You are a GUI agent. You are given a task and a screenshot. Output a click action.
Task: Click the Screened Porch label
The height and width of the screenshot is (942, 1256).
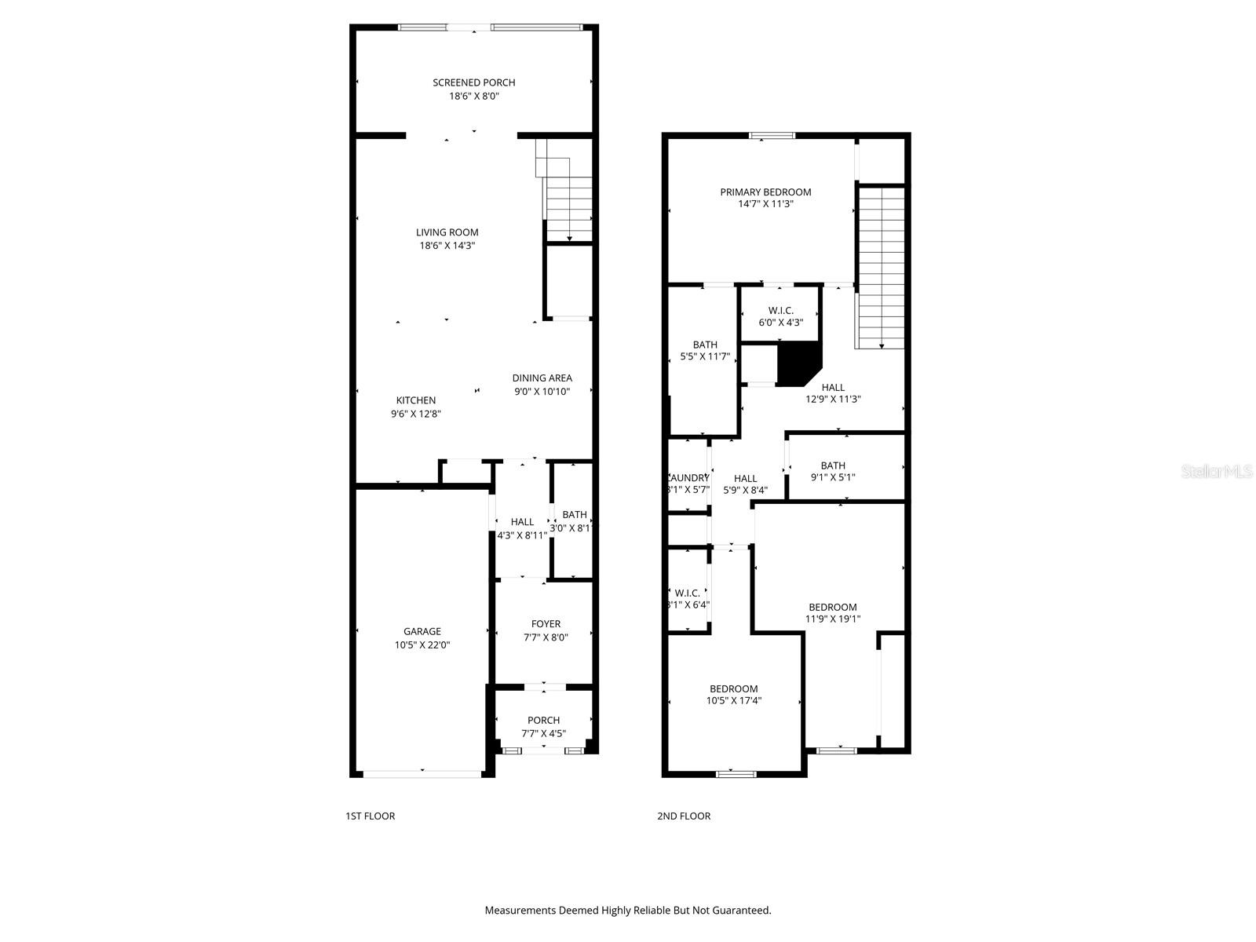474,82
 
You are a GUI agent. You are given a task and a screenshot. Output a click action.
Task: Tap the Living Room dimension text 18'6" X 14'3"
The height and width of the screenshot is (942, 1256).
447,246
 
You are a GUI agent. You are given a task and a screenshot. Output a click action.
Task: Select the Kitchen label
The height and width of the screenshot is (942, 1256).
416,400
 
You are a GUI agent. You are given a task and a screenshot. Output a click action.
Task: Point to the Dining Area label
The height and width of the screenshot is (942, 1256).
542,378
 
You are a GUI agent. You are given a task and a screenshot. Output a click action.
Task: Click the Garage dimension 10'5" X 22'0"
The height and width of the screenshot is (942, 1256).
422,645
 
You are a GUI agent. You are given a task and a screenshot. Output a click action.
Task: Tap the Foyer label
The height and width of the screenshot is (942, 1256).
546,624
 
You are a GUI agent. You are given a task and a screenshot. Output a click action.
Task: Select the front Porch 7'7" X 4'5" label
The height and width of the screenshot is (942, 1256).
543,727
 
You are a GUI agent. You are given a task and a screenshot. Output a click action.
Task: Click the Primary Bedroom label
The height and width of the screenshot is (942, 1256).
765,192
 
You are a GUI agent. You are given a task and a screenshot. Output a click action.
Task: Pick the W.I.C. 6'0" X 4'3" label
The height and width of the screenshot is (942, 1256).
780,316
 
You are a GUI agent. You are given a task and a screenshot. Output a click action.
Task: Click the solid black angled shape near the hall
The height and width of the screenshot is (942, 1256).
797,363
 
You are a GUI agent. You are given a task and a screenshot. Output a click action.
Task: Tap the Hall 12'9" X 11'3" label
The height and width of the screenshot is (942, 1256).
833,392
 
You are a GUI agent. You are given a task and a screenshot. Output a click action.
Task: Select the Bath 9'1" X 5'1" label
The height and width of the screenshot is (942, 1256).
833,471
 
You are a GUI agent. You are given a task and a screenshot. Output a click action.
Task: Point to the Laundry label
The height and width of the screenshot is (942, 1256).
688,478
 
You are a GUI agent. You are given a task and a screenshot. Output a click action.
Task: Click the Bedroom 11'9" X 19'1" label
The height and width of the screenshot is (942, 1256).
833,612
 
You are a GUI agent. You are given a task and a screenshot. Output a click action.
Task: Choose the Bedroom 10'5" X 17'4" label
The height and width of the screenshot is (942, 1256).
734,695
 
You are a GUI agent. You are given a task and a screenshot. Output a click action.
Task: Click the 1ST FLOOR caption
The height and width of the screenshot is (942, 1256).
370,816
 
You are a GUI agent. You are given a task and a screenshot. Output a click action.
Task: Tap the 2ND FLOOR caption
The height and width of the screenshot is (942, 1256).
684,816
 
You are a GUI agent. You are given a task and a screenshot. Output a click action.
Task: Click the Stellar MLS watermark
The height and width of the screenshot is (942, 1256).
1217,472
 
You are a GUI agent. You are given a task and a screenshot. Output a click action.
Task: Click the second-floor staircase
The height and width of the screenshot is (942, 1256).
881,267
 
